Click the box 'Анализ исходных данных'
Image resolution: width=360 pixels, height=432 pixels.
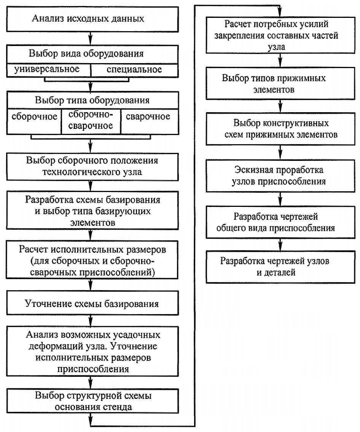coord(92,19)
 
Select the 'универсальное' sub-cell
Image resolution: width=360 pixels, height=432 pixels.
coord(48,70)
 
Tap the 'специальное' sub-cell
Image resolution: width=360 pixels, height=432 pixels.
coord(134,70)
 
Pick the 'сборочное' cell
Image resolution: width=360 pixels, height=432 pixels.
coord(34,121)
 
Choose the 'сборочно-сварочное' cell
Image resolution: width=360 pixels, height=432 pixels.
coord(91,121)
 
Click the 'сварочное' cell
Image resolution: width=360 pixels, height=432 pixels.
coord(150,121)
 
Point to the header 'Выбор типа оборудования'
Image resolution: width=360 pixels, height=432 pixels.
coord(92,100)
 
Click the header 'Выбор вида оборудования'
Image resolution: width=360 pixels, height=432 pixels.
coord(92,54)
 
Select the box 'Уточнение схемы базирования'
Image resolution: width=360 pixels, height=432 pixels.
coord(92,303)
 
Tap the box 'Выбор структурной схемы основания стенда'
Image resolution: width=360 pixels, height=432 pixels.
coord(92,401)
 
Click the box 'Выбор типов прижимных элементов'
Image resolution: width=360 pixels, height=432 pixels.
coord(280,84)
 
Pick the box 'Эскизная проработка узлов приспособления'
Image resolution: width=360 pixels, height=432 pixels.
coord(280,176)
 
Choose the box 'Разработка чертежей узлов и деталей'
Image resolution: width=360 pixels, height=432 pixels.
coord(280,267)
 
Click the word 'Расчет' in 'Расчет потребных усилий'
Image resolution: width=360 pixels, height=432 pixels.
coord(237,24)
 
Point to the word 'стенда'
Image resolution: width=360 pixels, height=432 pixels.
coord(118,407)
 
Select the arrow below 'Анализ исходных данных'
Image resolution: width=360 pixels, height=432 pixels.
coord(91,38)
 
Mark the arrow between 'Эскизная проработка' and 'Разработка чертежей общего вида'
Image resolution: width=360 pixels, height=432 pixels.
coord(280,199)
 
